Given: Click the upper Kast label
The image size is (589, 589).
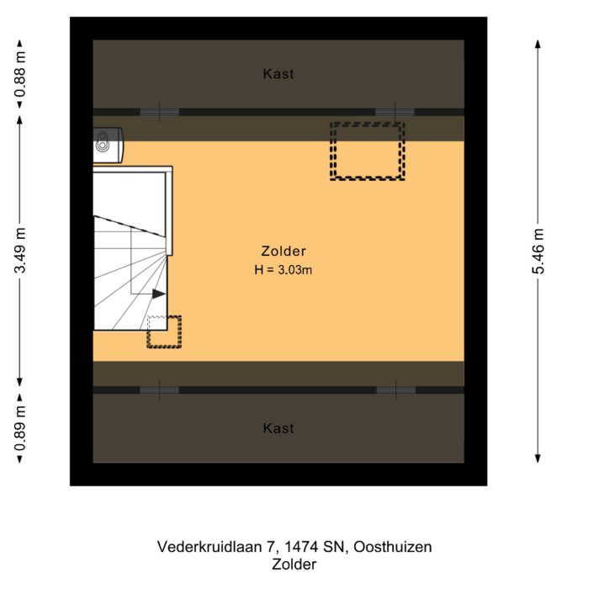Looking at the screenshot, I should (279, 74).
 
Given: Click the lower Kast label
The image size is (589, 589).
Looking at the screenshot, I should (279, 428).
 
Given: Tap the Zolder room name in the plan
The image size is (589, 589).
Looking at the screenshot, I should (283, 251).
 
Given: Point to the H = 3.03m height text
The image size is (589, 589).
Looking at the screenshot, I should (284, 270).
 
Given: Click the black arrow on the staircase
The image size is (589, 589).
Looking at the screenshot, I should (158, 294).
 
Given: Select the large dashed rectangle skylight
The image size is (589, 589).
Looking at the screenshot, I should (367, 151).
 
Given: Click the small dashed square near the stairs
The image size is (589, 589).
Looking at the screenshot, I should (164, 332).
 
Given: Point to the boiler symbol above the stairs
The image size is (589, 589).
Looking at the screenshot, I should (109, 143).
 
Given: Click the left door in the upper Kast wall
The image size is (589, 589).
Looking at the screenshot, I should (159, 112).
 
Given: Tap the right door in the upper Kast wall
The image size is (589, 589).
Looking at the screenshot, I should (395, 112).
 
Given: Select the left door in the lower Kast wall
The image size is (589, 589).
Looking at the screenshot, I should (159, 390).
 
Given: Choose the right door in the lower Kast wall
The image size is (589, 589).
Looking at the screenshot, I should (395, 390).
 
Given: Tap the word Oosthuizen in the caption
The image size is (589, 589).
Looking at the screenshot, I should (391, 547).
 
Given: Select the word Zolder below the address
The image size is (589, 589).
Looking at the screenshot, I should (294, 565).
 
